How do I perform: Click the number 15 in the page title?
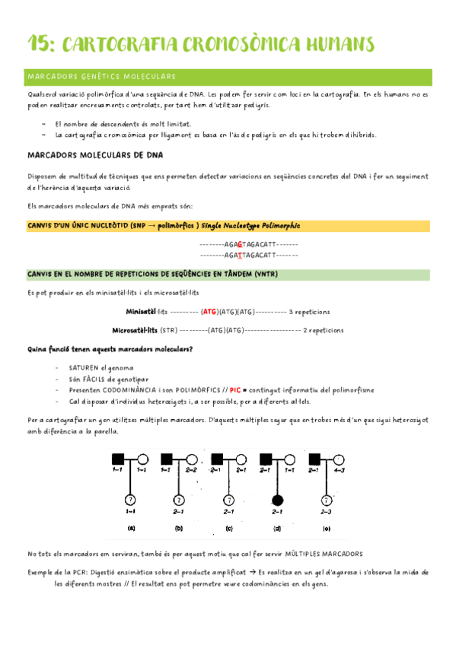pyautogui.click(x=38, y=44)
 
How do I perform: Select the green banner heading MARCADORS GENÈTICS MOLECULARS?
pyautogui.click(x=101, y=77)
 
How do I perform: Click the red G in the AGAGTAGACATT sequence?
pyautogui.click(x=241, y=244)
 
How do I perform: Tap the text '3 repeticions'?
pyautogui.click(x=310, y=311)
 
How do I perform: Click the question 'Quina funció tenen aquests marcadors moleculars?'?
pyautogui.click(x=110, y=349)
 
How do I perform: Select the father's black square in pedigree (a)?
pyautogui.click(x=118, y=459)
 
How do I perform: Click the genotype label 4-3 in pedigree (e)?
pyautogui.click(x=340, y=470)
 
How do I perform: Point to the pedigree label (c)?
pyautogui.click(x=228, y=528)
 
